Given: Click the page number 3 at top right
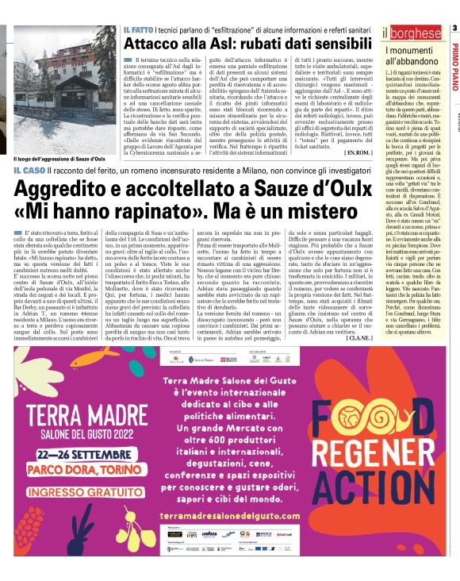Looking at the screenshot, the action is (454, 29).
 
